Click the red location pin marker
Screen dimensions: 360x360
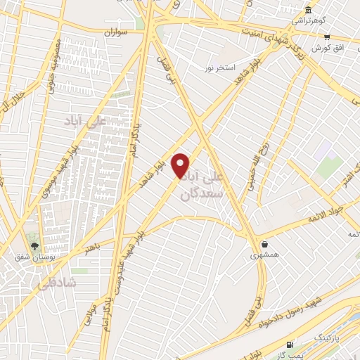(181, 166)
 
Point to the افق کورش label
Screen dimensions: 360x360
(326, 47)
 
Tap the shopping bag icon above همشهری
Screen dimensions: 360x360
(264, 245)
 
